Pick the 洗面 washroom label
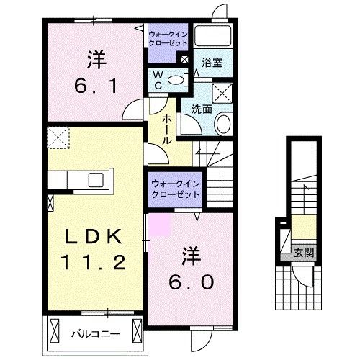point(201,109)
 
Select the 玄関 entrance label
point(303,252)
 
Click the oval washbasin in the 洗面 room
point(223,124)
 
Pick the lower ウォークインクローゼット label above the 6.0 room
point(176,189)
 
